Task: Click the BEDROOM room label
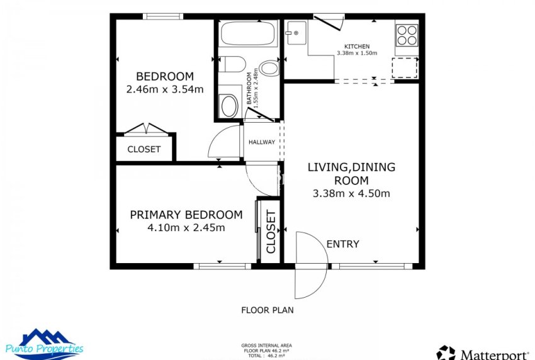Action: (165, 77)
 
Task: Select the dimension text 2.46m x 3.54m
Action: (165, 89)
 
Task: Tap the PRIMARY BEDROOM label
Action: (186, 215)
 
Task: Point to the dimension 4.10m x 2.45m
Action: (186, 227)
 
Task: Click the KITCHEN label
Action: (356, 47)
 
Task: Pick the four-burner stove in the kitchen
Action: (407, 34)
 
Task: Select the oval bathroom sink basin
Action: (228, 106)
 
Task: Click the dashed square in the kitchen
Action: (404, 67)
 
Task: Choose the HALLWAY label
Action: (262, 142)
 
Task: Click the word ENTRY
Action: (342, 244)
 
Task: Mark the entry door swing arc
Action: (312, 264)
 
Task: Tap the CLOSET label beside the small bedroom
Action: (144, 150)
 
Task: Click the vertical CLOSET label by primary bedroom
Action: (271, 232)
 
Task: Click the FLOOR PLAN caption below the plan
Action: (267, 310)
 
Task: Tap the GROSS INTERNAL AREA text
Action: (266, 346)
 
